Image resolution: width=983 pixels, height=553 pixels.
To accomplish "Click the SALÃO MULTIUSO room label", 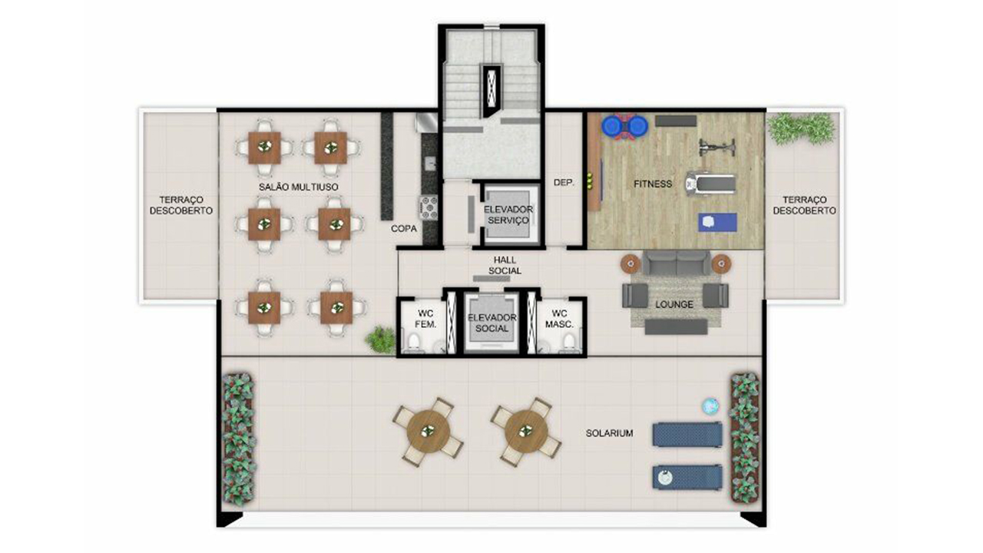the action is coord(299,187).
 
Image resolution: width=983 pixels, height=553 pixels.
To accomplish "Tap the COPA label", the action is coord(404,229).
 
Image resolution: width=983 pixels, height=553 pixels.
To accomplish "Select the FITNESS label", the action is coord(653,184).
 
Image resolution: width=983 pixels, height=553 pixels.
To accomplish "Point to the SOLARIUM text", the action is coord(609,433).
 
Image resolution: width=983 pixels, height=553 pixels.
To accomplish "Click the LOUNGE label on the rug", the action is coord(674,304).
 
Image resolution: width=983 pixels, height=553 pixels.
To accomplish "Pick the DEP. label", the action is coord(564,183).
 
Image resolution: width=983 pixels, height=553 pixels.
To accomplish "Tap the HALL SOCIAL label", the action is coord(505,266).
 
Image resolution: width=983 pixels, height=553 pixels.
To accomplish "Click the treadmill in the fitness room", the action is coord(710,183).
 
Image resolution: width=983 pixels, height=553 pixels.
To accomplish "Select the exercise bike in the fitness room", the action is coord(717,147).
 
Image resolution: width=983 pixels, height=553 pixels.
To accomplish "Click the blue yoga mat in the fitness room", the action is coord(717,222).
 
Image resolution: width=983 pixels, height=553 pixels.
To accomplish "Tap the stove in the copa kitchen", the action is coord(429,207).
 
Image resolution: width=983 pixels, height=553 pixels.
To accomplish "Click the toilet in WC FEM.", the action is coord(413,342).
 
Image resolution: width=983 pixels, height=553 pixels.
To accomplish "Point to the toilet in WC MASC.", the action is coord(569,342).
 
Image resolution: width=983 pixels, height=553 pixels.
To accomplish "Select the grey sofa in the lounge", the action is coord(676,263).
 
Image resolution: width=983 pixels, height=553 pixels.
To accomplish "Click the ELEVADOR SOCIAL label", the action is coord(491,323).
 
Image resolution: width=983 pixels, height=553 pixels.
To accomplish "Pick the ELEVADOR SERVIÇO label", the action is coord(508,214).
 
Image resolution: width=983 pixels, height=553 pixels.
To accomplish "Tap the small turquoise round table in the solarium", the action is coord(710,407).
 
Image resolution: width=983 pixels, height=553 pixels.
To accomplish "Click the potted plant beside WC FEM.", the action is coord(380,339).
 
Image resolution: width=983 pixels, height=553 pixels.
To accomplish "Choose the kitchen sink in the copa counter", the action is coord(429,164).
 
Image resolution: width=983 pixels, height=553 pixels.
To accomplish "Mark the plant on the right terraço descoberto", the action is coord(801,128).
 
